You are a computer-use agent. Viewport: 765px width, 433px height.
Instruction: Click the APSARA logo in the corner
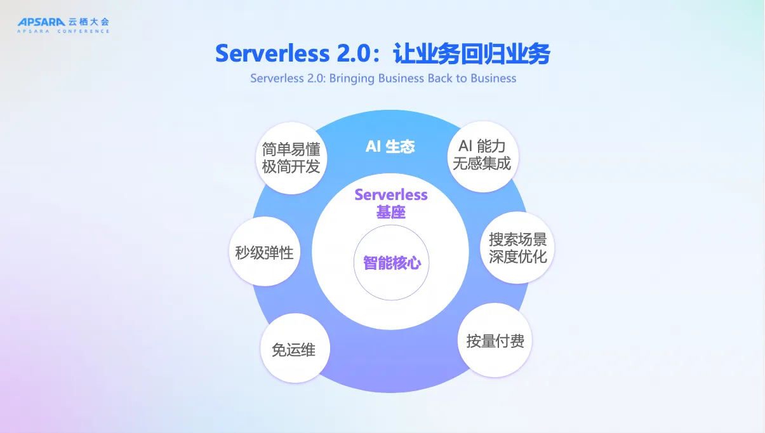(x=42, y=22)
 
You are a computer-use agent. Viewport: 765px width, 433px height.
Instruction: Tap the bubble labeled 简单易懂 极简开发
(x=291, y=157)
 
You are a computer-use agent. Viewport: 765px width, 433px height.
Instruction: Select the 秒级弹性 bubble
(x=264, y=253)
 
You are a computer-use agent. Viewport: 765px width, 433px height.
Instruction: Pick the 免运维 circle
(x=294, y=349)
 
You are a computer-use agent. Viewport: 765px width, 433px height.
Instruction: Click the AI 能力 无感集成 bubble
(x=482, y=155)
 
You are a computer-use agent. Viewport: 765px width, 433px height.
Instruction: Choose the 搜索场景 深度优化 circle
(x=517, y=248)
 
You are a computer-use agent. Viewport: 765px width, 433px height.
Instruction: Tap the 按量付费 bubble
(x=495, y=341)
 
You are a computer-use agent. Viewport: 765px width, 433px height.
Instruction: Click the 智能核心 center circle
(x=392, y=262)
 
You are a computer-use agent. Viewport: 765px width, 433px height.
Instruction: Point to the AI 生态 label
(x=390, y=147)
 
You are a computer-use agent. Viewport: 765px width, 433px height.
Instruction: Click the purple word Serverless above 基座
(x=391, y=195)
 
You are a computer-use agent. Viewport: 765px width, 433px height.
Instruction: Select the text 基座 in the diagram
(x=391, y=212)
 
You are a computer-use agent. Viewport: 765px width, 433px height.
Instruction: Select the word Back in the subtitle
(x=440, y=79)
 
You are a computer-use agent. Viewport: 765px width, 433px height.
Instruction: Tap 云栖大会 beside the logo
(x=89, y=22)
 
